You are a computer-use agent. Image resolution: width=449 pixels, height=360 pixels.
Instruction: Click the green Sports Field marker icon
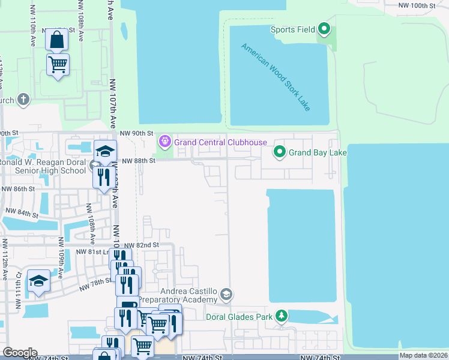point(324,29)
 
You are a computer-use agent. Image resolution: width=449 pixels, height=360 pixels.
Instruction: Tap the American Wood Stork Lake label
point(276,77)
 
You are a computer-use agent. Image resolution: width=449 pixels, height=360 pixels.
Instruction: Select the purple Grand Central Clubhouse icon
point(164,142)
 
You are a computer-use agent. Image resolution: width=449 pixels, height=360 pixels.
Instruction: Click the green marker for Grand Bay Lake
point(279,152)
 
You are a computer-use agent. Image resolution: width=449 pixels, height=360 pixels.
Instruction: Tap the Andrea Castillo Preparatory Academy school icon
point(226,294)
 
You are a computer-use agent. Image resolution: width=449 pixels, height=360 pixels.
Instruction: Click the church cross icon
point(23,100)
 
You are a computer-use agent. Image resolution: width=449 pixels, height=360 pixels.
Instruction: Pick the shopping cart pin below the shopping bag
point(58,64)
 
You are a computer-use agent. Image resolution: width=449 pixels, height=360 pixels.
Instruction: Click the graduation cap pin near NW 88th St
point(105,151)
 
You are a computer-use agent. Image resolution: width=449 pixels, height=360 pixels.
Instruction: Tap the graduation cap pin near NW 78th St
point(38,281)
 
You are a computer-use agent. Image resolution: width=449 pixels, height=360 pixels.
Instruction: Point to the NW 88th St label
point(138,161)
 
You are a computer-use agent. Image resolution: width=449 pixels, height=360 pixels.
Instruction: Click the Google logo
point(20,352)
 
